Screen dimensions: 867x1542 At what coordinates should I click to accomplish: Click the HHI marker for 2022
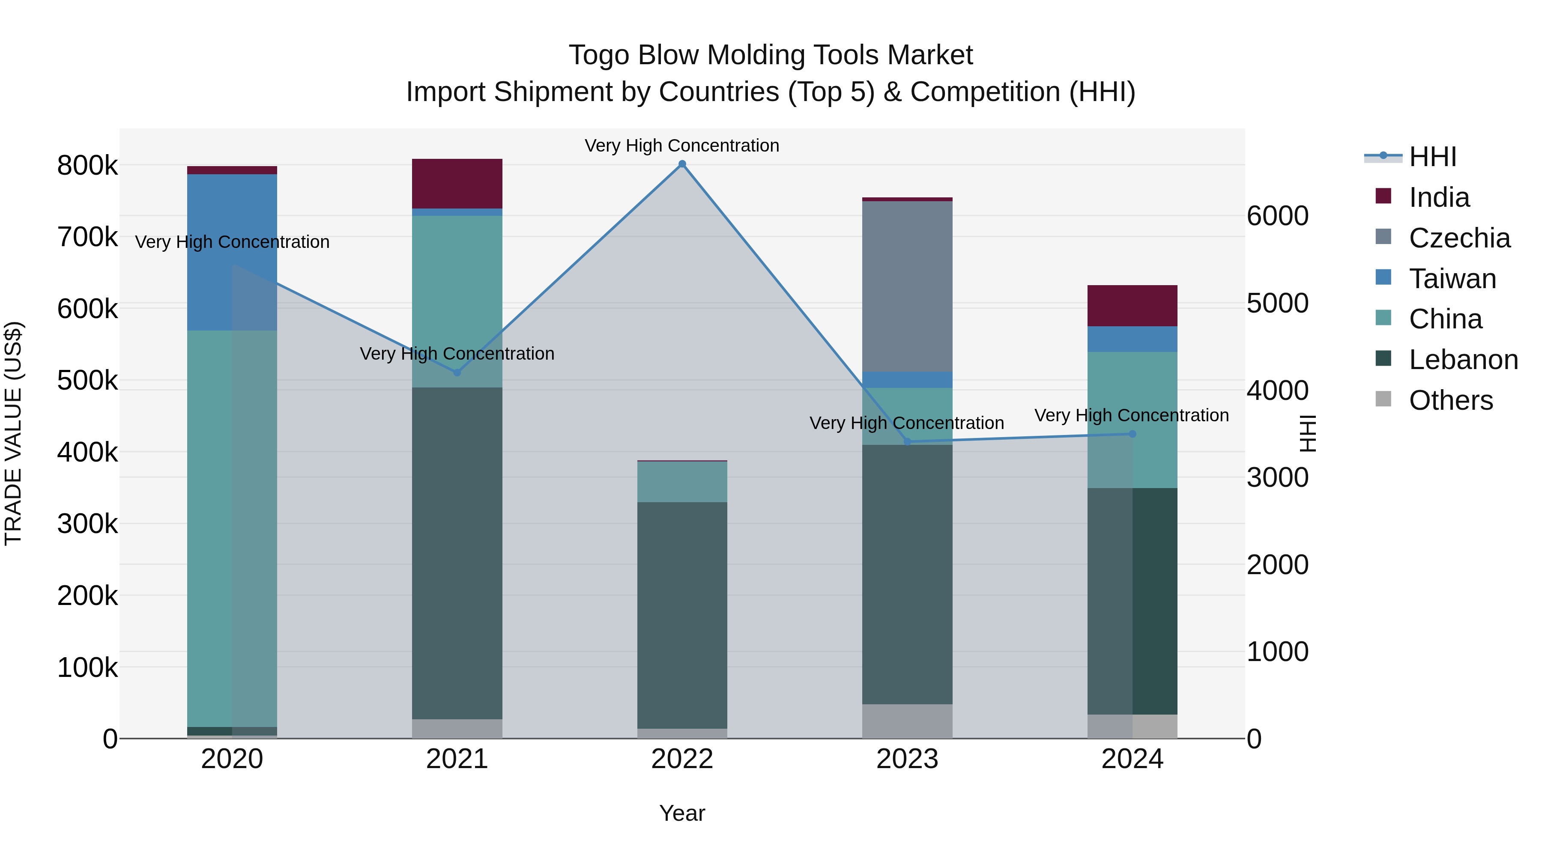682,164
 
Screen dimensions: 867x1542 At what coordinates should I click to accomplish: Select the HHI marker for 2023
907,441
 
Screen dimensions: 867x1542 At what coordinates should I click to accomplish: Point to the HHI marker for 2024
1132,434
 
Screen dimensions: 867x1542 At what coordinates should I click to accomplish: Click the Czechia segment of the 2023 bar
907,286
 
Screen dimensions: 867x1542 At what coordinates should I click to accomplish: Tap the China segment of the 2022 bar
682,482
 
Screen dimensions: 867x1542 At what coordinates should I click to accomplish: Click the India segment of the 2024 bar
1132,305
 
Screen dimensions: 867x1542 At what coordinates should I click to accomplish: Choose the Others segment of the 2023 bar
907,721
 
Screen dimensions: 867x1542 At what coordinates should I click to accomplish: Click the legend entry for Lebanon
1463,360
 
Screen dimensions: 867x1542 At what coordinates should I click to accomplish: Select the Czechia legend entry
1459,238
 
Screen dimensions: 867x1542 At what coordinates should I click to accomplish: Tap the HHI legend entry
1432,157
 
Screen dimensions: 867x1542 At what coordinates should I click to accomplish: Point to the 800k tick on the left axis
87,166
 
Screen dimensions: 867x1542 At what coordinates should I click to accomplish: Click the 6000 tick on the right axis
1277,216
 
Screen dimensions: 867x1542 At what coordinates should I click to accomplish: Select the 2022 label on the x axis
682,759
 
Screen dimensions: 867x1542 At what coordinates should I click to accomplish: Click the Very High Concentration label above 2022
682,146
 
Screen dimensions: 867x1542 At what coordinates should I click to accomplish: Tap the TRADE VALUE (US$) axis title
13,433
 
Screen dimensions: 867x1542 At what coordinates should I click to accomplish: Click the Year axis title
682,813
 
